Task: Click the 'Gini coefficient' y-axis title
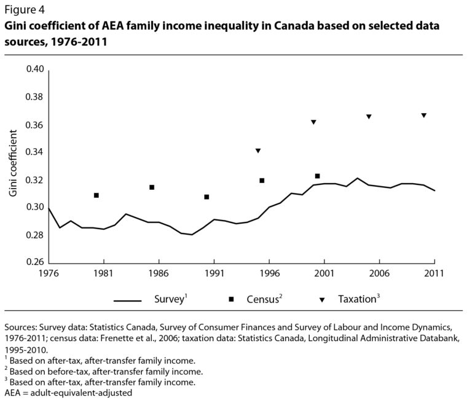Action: [x=13, y=166]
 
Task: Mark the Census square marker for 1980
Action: [x=96, y=195]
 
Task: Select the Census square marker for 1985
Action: [x=151, y=187]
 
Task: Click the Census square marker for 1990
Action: [x=206, y=197]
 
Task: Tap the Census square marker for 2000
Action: [x=317, y=176]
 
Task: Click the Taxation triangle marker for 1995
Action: [x=258, y=151]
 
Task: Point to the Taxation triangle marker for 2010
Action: [x=424, y=116]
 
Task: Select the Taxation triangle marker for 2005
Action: [x=369, y=117]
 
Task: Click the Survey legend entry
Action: [x=151, y=300]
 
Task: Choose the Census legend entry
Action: [x=255, y=300]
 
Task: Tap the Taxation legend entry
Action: [x=350, y=300]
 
